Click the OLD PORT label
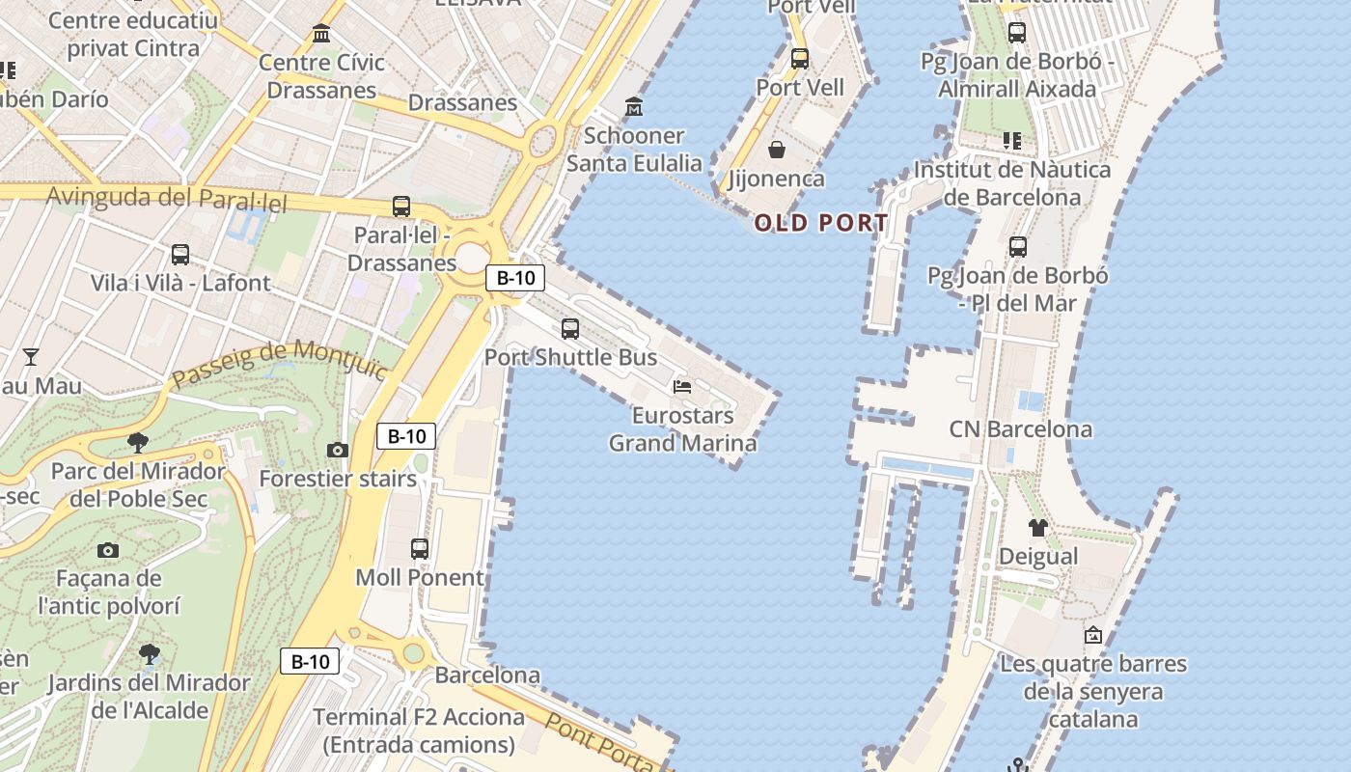(821, 223)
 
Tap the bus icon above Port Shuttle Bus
(570, 328)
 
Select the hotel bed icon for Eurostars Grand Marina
(682, 387)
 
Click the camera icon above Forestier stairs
(337, 450)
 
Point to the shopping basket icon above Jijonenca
(776, 150)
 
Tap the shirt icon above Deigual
(1037, 527)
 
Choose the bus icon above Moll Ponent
(420, 548)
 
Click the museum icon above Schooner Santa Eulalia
(634, 105)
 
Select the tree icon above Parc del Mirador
(138, 443)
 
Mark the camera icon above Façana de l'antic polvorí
(108, 550)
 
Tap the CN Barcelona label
(1021, 428)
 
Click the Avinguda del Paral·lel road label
(167, 199)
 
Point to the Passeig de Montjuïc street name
(279, 364)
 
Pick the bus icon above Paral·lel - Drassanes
(400, 206)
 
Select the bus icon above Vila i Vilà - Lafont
(180, 255)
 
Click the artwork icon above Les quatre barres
(1092, 635)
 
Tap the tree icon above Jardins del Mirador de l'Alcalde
(149, 654)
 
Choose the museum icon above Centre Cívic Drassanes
(321, 35)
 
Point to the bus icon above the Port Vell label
(800, 58)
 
